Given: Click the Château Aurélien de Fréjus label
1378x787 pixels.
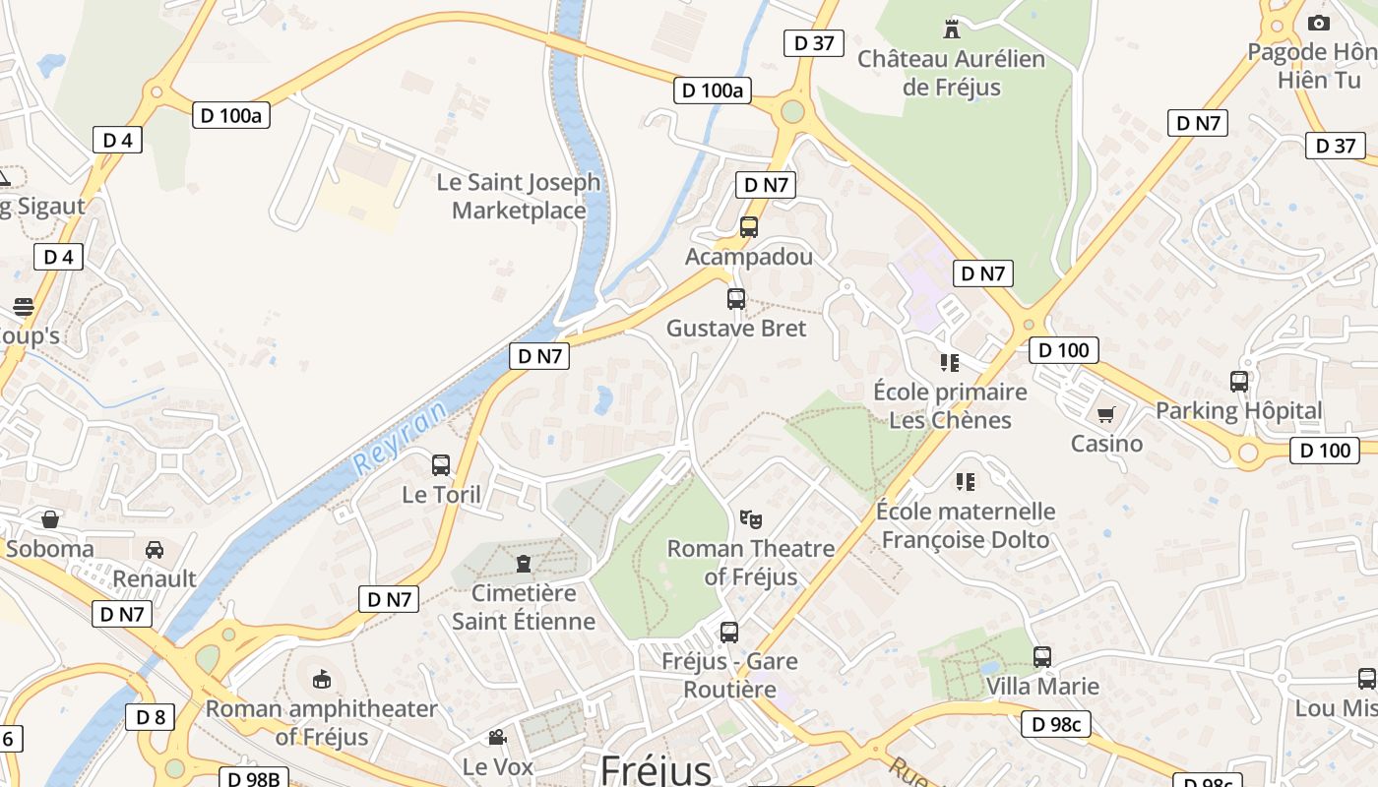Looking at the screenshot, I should coord(951,73).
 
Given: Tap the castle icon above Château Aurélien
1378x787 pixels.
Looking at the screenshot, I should coord(951,29).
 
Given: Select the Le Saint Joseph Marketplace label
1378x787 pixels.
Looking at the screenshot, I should coord(518,196).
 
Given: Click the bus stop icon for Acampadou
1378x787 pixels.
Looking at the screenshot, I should coord(749,227).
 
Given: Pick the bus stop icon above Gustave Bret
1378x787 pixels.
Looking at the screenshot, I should coord(736,299).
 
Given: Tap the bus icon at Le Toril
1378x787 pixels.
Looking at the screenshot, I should coord(441,464).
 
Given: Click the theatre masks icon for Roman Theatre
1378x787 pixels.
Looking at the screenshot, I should coord(750,518).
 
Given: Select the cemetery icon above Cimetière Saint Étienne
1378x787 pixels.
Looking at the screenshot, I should coord(524,564).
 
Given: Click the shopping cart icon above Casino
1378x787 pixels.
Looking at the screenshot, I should coord(1106,415).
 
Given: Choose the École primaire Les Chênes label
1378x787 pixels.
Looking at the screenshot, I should coord(950,405).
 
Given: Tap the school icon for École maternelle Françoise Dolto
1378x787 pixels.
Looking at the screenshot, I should coord(966,482).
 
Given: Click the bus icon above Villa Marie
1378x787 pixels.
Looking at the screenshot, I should coord(1042,656).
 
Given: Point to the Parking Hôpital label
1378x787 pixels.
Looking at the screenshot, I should coord(1238,410).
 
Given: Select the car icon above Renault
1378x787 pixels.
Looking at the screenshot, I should coord(155,549).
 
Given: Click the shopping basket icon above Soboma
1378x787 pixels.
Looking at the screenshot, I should coord(50,518).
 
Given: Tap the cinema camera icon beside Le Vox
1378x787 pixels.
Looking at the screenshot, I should coord(498,737).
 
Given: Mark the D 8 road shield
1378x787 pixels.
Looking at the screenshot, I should coord(151,717).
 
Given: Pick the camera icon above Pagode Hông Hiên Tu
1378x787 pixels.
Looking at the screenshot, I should coord(1318,23).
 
